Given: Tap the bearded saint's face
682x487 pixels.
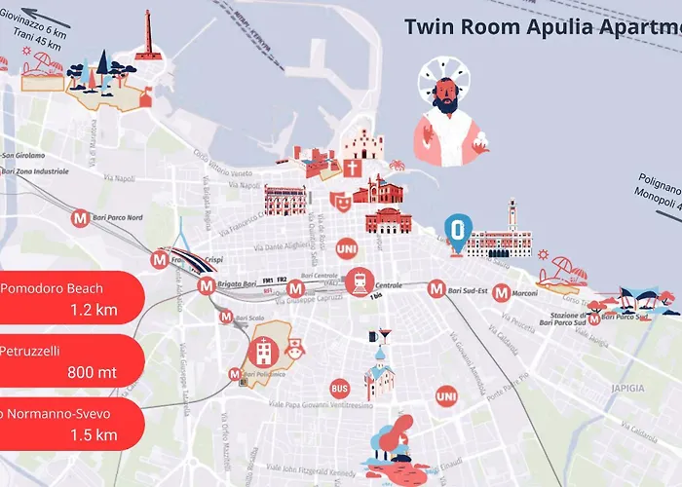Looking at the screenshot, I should coord(444,95).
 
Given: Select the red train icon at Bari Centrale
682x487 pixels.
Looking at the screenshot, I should coord(359,281).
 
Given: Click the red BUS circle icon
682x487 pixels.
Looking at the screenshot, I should coord(339,387).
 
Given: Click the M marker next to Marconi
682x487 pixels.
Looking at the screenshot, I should coord(501,292).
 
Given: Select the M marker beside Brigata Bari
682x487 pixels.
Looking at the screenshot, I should coord(206,286).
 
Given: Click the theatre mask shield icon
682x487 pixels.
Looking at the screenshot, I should coord(339,201).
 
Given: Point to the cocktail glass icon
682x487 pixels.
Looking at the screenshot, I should coord(385,336).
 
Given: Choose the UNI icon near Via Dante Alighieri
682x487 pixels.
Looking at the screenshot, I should coord(345,249).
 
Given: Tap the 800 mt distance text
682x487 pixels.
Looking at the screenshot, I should coord(93,372).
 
